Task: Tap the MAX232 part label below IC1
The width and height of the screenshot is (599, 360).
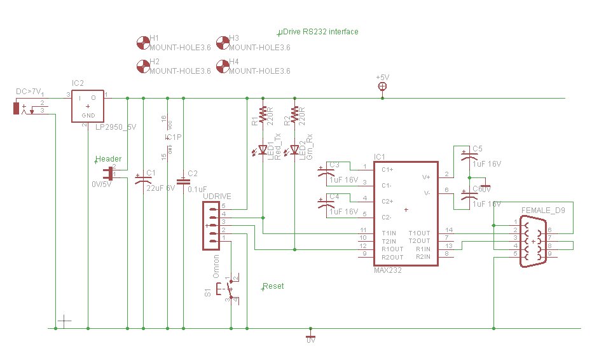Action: pos(388,270)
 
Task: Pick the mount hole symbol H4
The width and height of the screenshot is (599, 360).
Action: pos(223,66)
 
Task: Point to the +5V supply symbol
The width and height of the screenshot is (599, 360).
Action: pos(382,86)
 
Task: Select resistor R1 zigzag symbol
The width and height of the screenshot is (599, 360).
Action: pos(262,114)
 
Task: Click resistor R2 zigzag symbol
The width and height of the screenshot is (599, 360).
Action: pos(294,114)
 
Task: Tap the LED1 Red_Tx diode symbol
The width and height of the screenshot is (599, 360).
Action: pos(262,151)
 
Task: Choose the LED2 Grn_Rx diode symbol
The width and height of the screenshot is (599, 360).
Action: pos(294,151)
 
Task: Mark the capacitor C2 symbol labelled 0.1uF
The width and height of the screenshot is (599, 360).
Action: pos(184,181)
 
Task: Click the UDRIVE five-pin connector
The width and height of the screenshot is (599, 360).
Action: pos(212,225)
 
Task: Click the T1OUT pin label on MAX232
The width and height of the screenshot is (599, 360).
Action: pos(418,233)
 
